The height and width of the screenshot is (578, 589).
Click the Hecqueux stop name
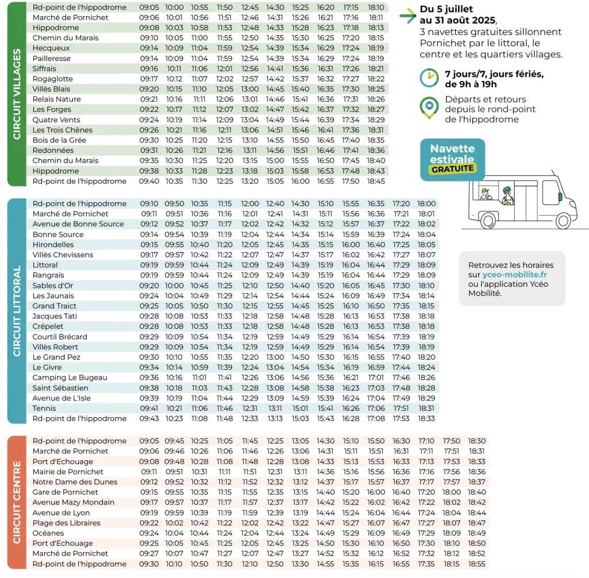click(51, 48)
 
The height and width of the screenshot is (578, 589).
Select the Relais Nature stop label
click(57, 99)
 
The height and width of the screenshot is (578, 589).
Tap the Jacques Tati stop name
click(55, 317)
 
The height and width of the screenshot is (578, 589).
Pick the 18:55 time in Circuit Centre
click(477, 564)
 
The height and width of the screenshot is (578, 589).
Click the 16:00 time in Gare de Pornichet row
click(376, 492)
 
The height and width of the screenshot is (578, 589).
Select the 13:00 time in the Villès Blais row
click(250, 89)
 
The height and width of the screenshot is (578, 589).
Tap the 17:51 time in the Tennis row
click(401, 409)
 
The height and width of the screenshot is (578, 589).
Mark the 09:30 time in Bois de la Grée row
click(149, 140)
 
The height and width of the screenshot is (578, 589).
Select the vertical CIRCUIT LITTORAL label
click(17, 311)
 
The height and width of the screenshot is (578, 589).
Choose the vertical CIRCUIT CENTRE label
click(17, 502)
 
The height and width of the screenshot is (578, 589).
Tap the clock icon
click(429, 78)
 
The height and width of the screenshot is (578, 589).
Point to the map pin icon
click(429, 107)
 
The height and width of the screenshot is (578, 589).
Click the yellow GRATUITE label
click(453, 169)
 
